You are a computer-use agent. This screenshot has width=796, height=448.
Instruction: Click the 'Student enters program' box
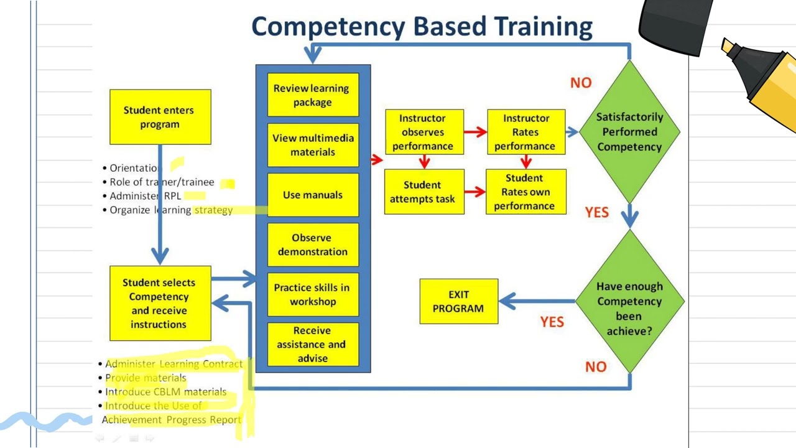click(x=160, y=117)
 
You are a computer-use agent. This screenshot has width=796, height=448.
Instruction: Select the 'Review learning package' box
click(x=313, y=95)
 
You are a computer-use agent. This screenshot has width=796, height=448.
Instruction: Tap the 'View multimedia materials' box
click(x=313, y=145)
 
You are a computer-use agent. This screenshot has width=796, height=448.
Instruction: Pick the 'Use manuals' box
click(x=313, y=195)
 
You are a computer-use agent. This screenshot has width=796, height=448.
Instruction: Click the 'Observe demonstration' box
click(x=313, y=245)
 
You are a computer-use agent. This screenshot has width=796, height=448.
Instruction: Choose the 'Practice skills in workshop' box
click(x=313, y=294)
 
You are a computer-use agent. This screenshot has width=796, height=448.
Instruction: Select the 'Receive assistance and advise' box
click(x=313, y=344)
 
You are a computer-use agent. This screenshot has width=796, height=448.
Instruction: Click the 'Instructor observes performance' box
click(x=424, y=132)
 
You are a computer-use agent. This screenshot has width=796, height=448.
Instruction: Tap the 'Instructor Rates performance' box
click(x=526, y=132)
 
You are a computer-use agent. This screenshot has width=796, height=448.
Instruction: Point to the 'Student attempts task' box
click(x=424, y=192)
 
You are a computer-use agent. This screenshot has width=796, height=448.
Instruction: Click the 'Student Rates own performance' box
click(x=525, y=192)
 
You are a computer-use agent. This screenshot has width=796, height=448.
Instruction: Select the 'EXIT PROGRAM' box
click(x=458, y=301)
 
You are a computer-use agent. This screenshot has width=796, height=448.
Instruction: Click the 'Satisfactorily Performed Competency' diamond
click(x=629, y=132)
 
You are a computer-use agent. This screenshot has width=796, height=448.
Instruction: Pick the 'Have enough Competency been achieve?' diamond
click(x=629, y=302)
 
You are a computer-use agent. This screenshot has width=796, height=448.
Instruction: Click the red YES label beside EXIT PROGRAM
click(x=552, y=322)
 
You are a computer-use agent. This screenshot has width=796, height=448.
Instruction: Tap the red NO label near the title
click(x=581, y=83)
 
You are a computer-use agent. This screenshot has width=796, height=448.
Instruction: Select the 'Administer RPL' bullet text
click(x=146, y=196)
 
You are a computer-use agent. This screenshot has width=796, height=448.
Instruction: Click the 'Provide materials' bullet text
click(x=146, y=378)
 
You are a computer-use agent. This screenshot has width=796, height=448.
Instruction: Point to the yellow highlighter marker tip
click(x=727, y=46)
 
